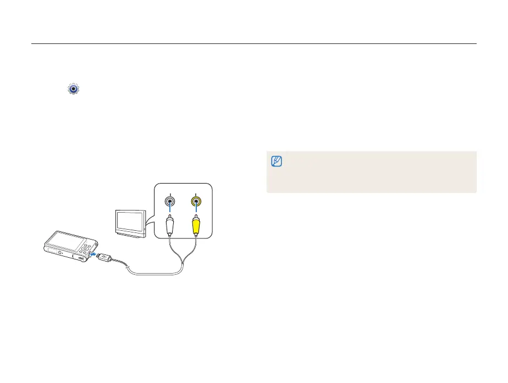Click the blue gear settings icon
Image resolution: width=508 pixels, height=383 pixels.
coord(74,88)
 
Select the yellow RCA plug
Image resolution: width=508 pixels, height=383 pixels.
coord(195,224)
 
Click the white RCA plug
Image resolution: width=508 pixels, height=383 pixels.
coord(170,224)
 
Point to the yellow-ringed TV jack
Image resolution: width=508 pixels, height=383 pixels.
coord(195,202)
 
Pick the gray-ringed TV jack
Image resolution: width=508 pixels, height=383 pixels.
coord(170,202)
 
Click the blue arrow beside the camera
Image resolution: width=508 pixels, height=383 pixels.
coord(93,254)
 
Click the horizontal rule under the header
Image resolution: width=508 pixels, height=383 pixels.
coord(253,44)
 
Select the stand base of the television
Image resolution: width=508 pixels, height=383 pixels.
coord(130,235)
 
